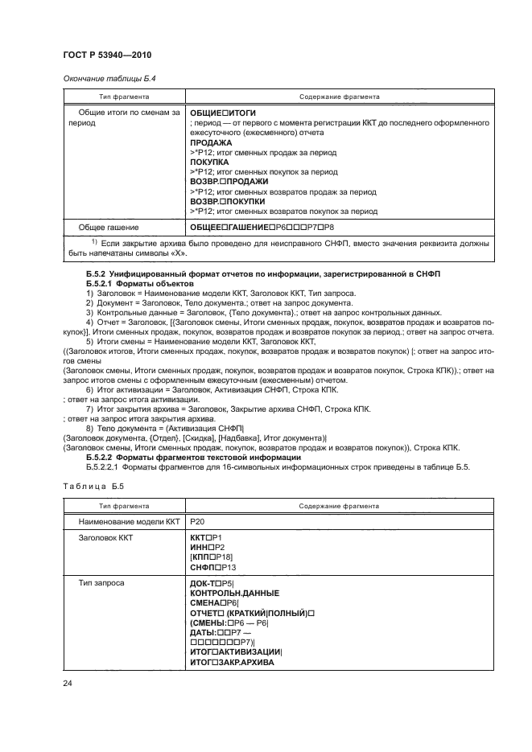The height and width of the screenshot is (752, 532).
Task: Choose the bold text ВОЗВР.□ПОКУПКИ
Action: (228, 202)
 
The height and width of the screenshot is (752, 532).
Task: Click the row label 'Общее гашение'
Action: (108, 228)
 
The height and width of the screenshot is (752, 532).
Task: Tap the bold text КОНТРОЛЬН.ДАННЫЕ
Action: (234, 593)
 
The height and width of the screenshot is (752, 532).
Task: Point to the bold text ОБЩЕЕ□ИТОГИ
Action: (222, 113)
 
